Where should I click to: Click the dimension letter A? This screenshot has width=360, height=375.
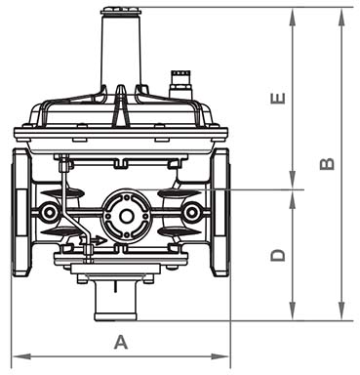pos(121,343)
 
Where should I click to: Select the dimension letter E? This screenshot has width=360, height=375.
pos(278,99)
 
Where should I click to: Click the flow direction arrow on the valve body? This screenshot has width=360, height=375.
pos(94,241)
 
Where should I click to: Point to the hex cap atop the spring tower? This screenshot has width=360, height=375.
pos(121,12)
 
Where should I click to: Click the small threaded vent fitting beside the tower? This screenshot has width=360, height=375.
pos(180,84)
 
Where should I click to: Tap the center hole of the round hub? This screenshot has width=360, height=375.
pos(126,216)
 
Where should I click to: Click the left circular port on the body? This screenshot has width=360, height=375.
pos(49,213)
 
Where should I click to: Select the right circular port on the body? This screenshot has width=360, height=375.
pos(191,213)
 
